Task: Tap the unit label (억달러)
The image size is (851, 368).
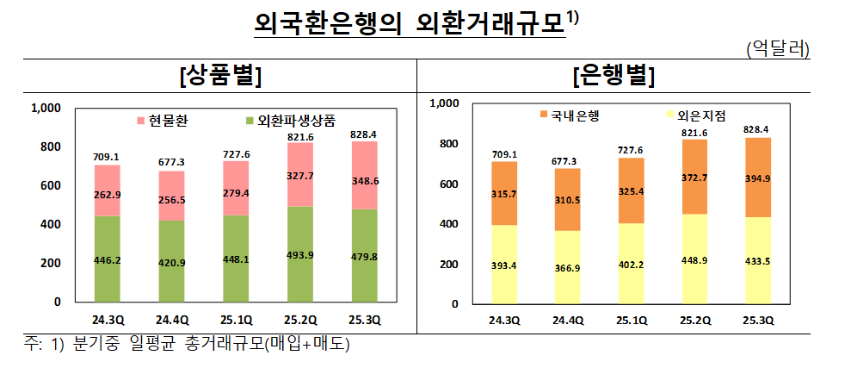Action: point(777,48)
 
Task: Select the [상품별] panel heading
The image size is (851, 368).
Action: point(220,77)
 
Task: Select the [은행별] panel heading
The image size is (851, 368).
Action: point(614,77)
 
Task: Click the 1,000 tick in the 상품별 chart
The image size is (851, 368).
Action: point(46,109)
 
